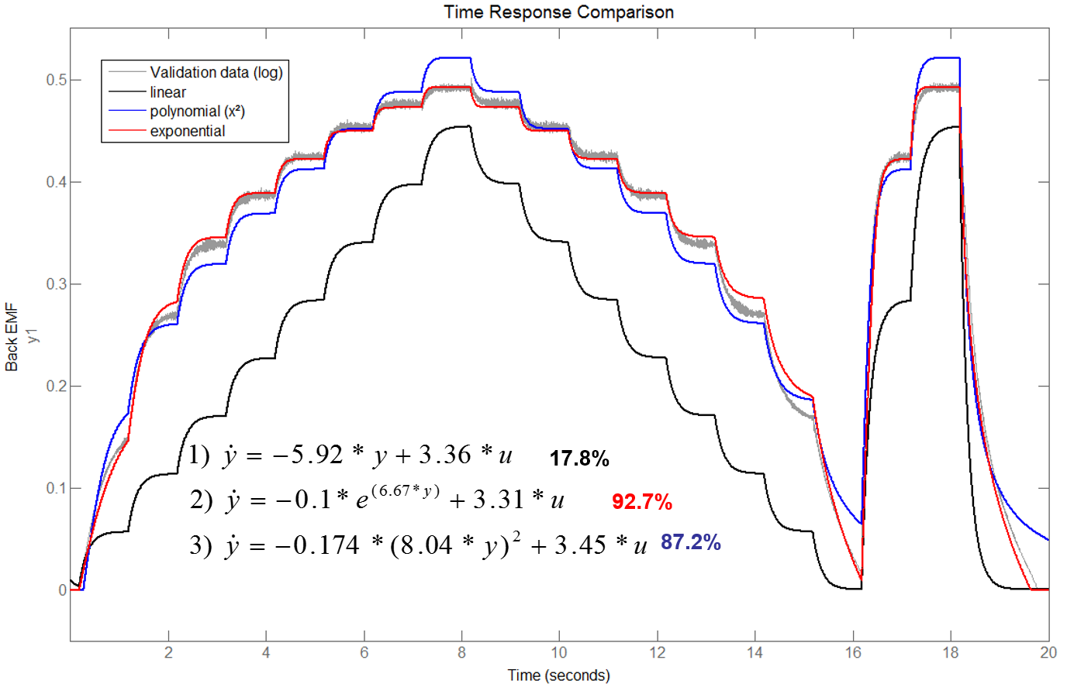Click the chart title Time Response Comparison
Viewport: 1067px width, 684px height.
[x=558, y=12]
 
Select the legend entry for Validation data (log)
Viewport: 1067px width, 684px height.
[x=216, y=72]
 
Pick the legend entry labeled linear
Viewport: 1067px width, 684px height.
[x=168, y=92]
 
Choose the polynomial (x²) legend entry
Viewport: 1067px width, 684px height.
[x=197, y=112]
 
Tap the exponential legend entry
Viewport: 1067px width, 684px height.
[x=188, y=131]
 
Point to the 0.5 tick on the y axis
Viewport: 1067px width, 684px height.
[x=56, y=80]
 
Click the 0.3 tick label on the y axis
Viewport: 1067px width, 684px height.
[x=56, y=284]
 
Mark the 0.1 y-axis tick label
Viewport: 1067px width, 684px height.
[x=56, y=488]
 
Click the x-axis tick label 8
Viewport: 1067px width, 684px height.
[x=462, y=652]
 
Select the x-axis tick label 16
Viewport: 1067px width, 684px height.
[x=853, y=652]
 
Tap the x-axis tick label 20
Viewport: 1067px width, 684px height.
[x=1048, y=652]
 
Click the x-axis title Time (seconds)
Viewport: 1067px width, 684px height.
[x=558, y=675]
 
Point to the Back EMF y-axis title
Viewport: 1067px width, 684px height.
[x=12, y=338]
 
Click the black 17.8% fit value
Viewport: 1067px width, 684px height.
[x=579, y=459]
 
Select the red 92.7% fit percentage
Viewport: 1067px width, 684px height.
[x=642, y=502]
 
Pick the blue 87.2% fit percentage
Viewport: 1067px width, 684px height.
[x=691, y=542]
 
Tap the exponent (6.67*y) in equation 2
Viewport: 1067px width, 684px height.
[x=405, y=491]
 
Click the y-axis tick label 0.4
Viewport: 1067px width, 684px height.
[x=56, y=182]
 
